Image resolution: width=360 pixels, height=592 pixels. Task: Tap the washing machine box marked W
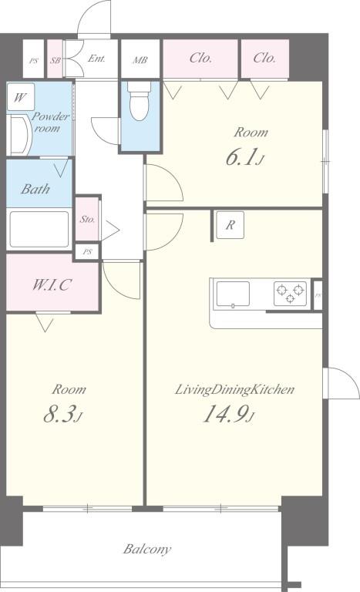pos(21,97)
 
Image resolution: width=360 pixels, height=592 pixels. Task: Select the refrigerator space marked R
pos(230,225)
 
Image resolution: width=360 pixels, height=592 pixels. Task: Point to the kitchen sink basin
pos(233,294)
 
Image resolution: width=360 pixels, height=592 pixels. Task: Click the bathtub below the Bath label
pos(39,229)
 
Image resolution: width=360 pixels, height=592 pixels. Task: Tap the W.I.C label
pos(51,284)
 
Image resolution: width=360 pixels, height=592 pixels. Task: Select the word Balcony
pos(147,549)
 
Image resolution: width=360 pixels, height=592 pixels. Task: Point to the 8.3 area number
pos(62,414)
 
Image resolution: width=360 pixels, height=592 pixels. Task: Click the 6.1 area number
pos(244,157)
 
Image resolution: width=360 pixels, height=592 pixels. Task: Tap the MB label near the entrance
pos(140,60)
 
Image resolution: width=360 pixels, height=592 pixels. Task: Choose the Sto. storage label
pos(87,219)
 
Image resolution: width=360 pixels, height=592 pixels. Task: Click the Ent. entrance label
pos(96,59)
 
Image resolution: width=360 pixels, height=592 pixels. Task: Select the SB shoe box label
pos(56,60)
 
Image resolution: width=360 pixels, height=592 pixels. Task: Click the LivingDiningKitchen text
pos(234,389)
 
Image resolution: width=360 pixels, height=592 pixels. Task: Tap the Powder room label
pos(50,122)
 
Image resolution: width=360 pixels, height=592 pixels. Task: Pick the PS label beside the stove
pos(318,296)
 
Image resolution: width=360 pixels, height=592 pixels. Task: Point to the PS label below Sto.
pos(88,251)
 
